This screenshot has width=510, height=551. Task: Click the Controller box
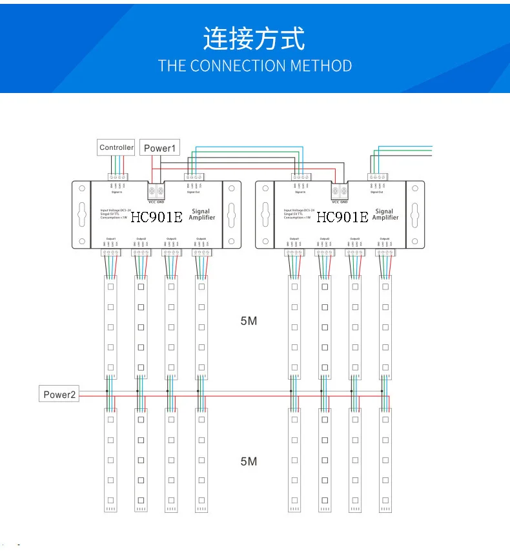tap(116, 147)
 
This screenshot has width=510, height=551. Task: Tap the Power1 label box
tap(159, 148)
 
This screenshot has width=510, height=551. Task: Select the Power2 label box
tap(59, 394)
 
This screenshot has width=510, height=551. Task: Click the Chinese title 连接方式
tap(254, 39)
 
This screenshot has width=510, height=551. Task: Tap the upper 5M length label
tap(249, 320)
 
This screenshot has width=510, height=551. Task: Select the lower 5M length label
tap(249, 461)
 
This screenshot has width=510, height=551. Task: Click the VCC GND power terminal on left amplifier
tap(157, 192)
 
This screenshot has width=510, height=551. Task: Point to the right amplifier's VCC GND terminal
tap(339, 192)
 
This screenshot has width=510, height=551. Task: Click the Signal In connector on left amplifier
tap(117, 177)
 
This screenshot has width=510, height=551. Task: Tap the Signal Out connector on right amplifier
tap(377, 177)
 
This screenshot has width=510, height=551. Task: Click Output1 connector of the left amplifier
tap(110, 253)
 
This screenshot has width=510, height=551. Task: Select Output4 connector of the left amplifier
tap(201, 253)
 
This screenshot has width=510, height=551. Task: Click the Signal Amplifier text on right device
tap(385, 214)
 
